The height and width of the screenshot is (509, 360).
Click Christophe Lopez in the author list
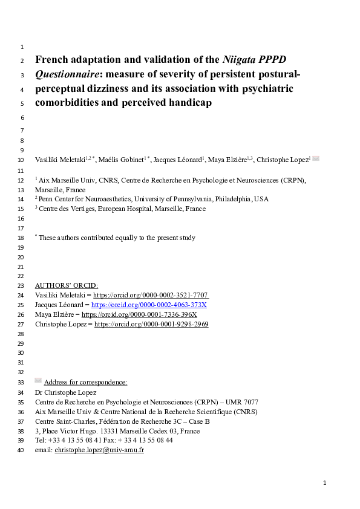click(283, 160)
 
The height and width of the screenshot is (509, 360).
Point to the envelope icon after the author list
click(315, 159)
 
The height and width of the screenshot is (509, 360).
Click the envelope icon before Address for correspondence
click(38, 381)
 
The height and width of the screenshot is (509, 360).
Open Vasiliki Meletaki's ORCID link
click(151, 295)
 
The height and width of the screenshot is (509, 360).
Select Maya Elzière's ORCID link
click(139, 314)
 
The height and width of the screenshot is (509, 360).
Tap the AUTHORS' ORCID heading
click(67, 285)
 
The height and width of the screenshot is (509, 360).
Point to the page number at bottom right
click(325, 483)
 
